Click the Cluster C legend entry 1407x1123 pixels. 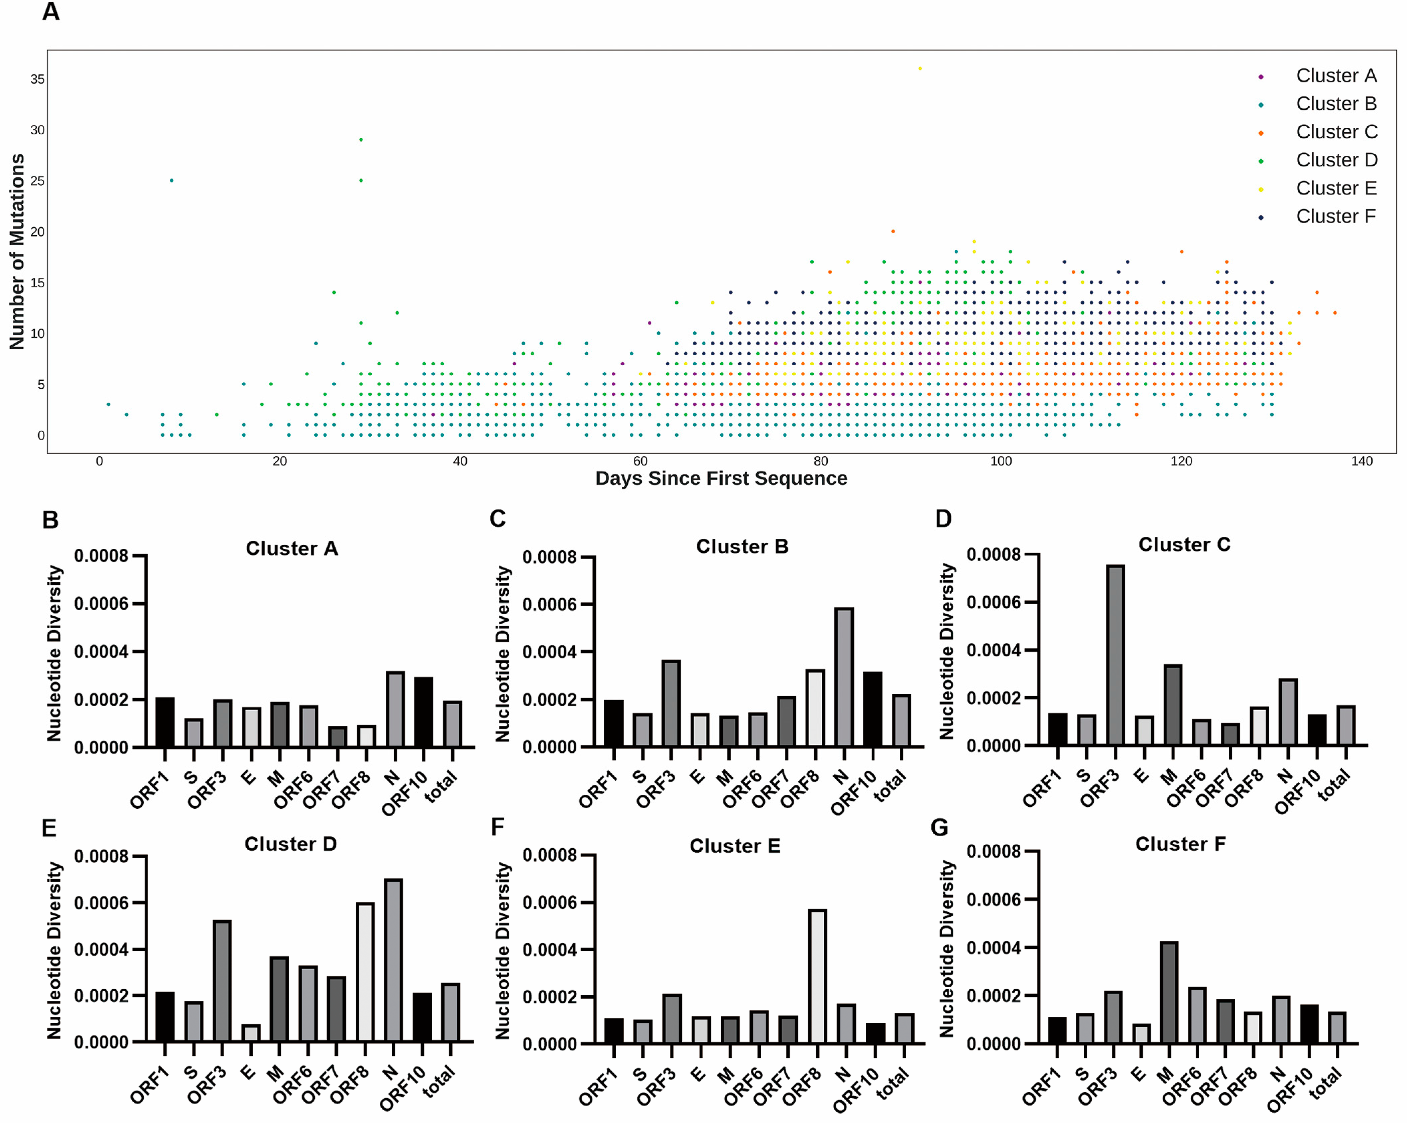pos(1336,132)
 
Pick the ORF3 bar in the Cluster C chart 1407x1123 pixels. pos(1115,655)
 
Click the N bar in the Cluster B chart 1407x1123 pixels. pos(844,677)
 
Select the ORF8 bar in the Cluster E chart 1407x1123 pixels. pos(817,976)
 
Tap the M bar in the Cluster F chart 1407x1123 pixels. pos(1169,992)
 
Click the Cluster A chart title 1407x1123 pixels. pos(292,548)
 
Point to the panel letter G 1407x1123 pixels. pos(939,828)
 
